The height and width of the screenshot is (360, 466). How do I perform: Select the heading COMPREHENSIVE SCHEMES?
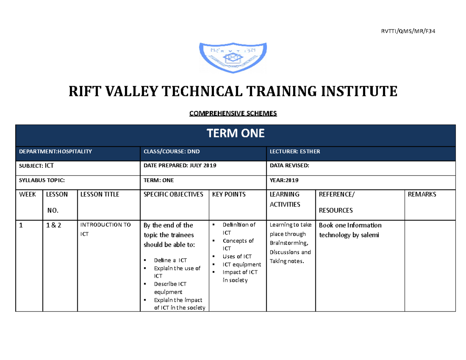point(233,114)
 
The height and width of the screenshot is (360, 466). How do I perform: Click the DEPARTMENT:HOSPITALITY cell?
point(56,151)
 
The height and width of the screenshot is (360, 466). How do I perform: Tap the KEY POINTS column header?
point(229,194)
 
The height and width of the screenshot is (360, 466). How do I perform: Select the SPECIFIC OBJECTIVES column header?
point(173,194)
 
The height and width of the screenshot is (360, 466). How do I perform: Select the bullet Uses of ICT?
point(237,256)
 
